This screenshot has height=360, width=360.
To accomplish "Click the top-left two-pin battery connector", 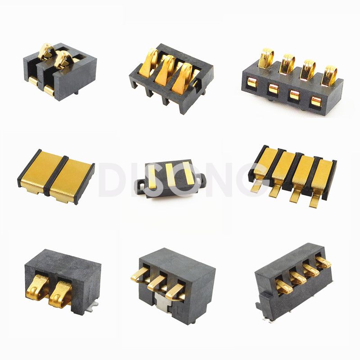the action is click(60, 71).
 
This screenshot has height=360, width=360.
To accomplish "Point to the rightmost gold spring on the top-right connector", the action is click(329, 76).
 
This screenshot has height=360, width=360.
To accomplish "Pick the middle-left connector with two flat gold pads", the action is click(56, 176).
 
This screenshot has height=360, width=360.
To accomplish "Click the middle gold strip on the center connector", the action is click(171, 174).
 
